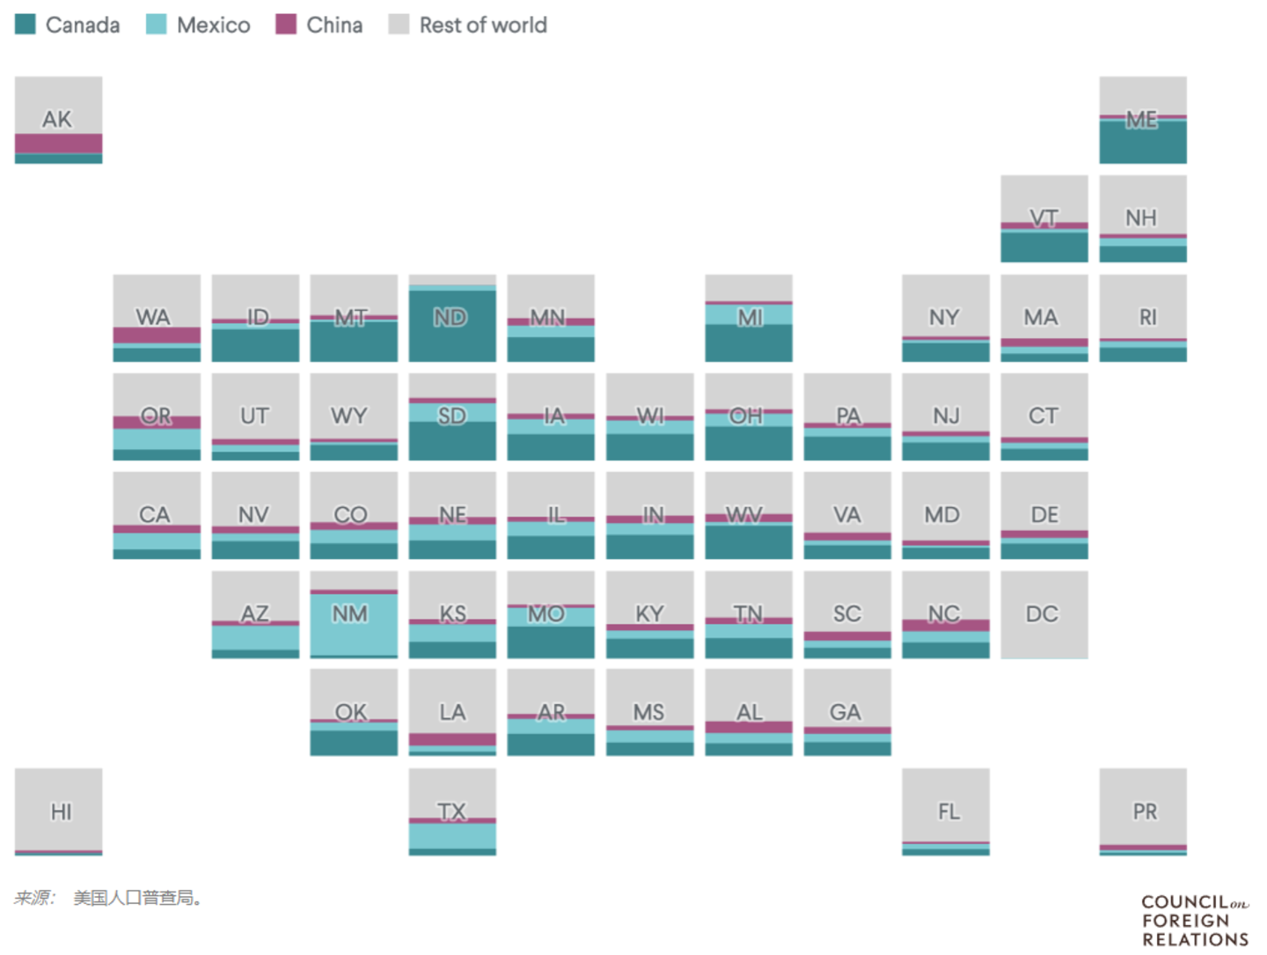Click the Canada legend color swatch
click(26, 25)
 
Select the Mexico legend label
click(213, 26)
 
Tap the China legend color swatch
click(286, 25)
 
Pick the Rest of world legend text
click(482, 26)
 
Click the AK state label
click(57, 119)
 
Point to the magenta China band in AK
click(58, 143)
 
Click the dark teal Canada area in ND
click(452, 339)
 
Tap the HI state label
click(61, 812)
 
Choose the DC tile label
click(1043, 613)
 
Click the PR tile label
click(1145, 812)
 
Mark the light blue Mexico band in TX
click(452, 836)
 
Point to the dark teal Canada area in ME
click(1142, 143)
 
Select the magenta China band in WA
click(157, 335)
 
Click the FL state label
click(948, 812)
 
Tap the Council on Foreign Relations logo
click(1195, 921)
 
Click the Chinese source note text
click(110, 898)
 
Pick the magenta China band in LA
click(452, 739)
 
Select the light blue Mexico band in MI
click(748, 314)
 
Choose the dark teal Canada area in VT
click(1044, 246)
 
